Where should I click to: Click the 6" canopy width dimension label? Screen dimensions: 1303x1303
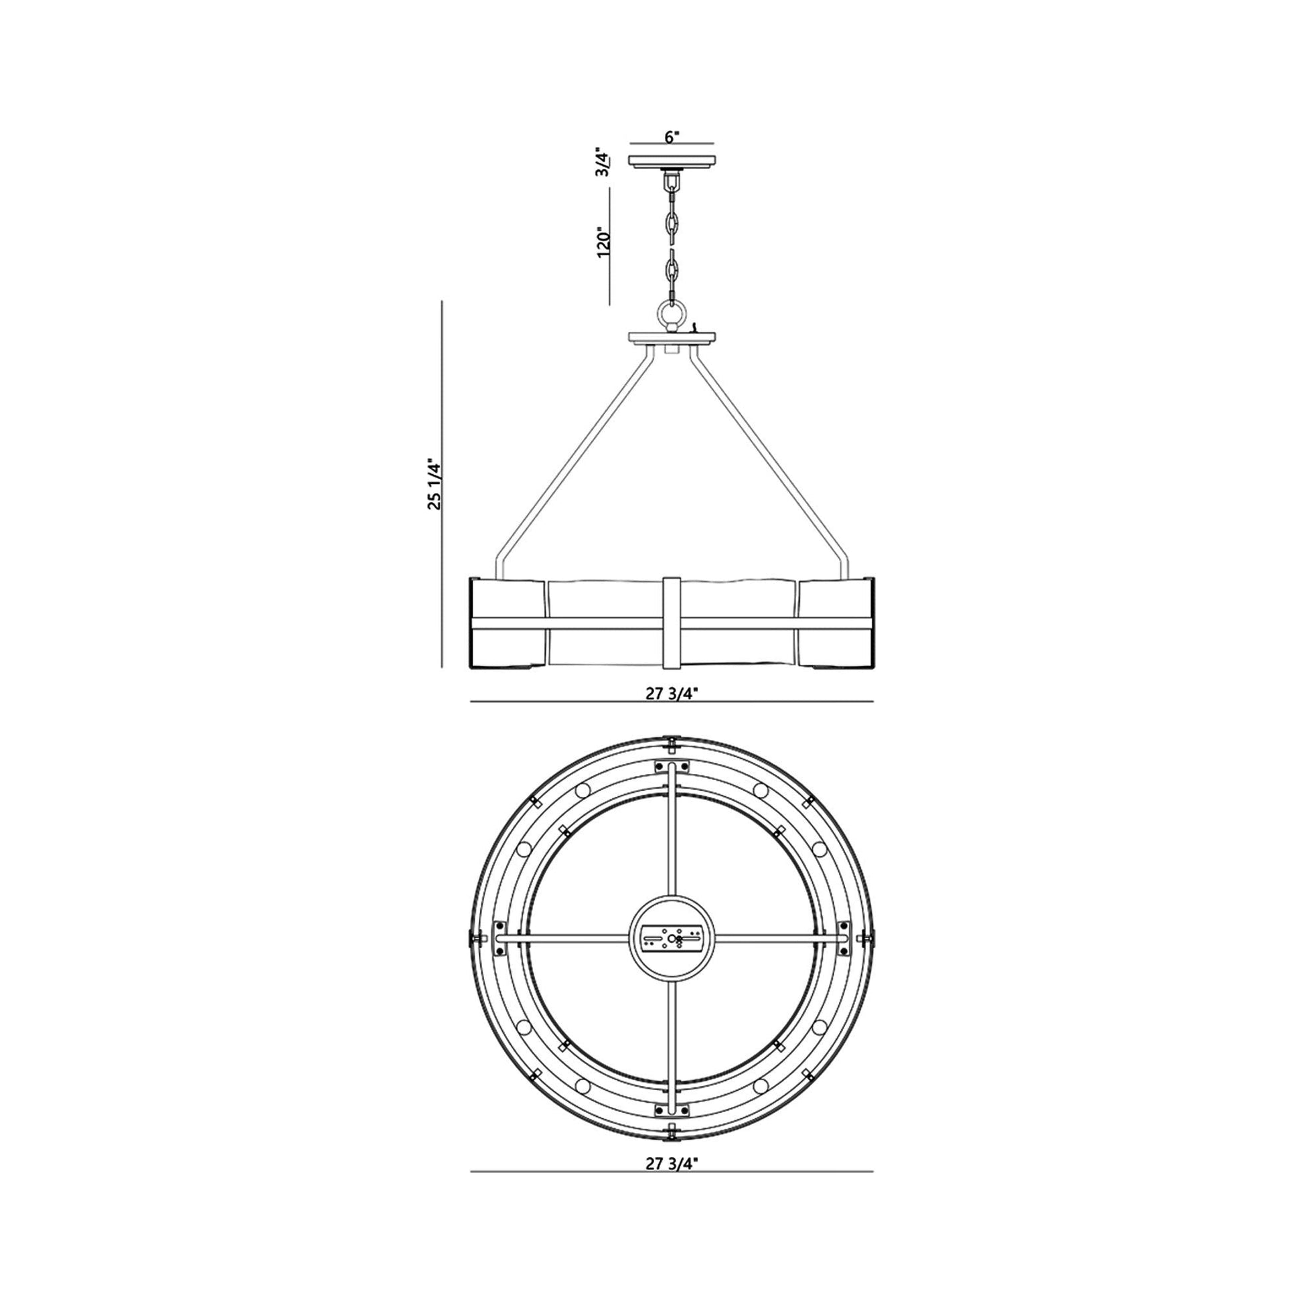tap(672, 137)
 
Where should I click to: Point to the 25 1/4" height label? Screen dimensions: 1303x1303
tap(435, 484)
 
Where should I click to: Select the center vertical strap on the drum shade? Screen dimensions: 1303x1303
tap(672, 623)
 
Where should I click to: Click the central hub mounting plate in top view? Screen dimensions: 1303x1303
tap(671, 938)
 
